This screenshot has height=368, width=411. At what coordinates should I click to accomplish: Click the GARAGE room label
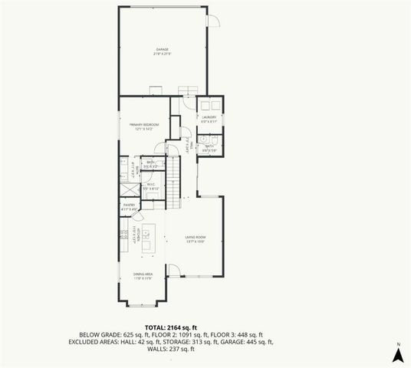point(162,50)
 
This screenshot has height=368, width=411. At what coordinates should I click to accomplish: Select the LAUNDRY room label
point(209,117)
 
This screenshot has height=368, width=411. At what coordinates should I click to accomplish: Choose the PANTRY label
point(128,205)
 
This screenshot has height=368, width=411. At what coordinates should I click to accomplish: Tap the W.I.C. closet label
point(150,184)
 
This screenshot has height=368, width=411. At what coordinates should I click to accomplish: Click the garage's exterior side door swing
point(214,21)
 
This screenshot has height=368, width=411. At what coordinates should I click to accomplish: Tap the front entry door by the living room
point(174,270)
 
